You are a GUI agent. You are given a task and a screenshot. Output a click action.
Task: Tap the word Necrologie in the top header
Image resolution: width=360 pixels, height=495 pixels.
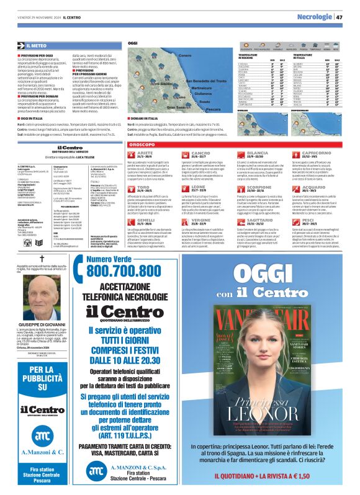pos(315,17)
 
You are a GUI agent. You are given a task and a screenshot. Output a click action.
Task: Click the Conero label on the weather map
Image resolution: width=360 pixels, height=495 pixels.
pos(185,56)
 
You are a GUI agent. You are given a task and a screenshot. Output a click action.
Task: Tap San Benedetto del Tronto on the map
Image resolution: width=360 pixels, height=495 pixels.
pos(209,81)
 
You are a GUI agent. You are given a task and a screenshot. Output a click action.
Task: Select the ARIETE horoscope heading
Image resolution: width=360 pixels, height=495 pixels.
pos(145,152)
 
